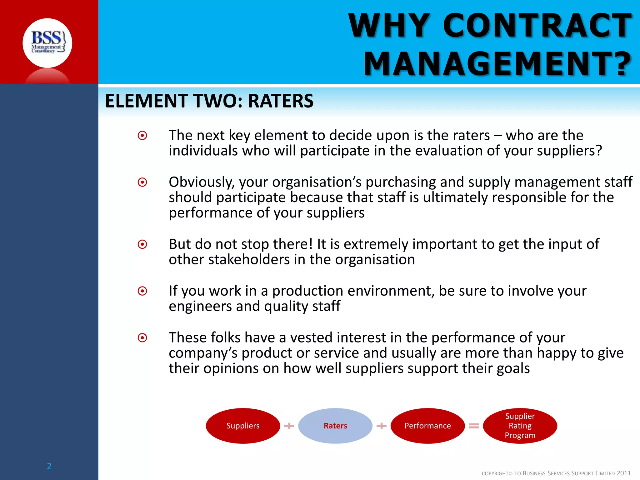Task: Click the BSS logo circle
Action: pyautogui.click(x=47, y=43)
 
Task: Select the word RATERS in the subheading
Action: pyautogui.click(x=280, y=101)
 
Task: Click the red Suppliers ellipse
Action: pyautogui.click(x=243, y=426)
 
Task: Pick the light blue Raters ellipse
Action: pyautogui.click(x=335, y=426)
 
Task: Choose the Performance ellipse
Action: pyautogui.click(x=427, y=426)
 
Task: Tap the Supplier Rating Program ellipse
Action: pyautogui.click(x=520, y=426)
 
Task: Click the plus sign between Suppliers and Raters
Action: pyautogui.click(x=289, y=426)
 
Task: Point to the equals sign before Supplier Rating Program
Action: pyautogui.click(x=474, y=426)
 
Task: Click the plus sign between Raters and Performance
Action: pyautogui.click(x=381, y=426)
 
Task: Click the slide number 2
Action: pyautogui.click(x=49, y=466)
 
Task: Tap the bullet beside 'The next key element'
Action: pyautogui.click(x=142, y=136)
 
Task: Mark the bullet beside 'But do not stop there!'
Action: pyautogui.click(x=142, y=244)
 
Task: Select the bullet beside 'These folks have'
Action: pyautogui.click(x=142, y=338)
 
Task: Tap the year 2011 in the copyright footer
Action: pyautogui.click(x=623, y=473)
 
